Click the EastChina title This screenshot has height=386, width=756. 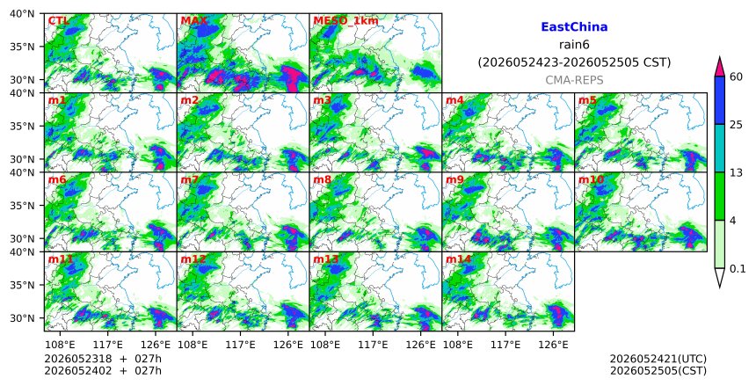tap(574, 27)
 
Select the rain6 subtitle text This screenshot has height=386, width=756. tap(574, 45)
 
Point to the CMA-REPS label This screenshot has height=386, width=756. tap(574, 80)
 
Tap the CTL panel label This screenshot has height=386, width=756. tap(58, 21)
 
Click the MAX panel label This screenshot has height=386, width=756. tap(193, 21)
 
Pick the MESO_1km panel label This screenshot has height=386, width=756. tap(345, 21)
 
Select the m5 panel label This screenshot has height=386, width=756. tap(587, 100)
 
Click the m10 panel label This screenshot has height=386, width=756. tap(591, 180)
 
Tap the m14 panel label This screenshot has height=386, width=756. tap(459, 259)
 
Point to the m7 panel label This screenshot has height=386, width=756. tap(190, 180)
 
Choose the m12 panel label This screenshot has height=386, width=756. tap(193, 259)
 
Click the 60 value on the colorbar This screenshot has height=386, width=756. tap(736, 76)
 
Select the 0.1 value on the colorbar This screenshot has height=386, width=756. tap(738, 269)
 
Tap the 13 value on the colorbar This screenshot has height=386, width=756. tap(736, 172)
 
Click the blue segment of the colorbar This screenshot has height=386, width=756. tap(719, 100)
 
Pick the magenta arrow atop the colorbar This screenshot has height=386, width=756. tap(719, 67)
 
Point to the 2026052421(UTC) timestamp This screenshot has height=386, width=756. tap(658, 359)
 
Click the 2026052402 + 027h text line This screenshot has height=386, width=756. tap(103, 371)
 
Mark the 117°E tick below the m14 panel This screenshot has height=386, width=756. tap(505, 345)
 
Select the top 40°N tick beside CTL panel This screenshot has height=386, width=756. tap(22, 13)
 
